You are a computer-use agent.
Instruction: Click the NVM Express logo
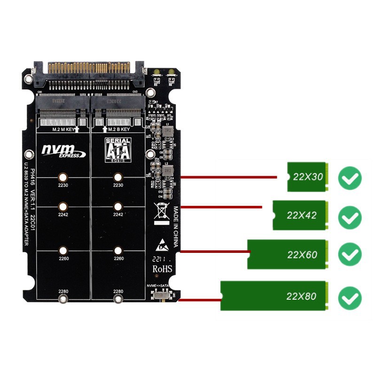pyautogui.click(x=63, y=150)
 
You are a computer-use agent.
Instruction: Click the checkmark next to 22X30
pyautogui.click(x=350, y=178)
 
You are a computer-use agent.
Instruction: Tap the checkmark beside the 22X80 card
pyautogui.click(x=350, y=298)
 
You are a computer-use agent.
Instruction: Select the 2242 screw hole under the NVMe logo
pyautogui.click(x=63, y=206)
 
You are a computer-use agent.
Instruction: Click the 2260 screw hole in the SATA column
pyautogui.click(x=118, y=251)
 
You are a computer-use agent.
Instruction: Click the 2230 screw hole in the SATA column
pyautogui.click(x=118, y=177)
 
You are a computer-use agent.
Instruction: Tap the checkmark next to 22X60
pyautogui.click(x=350, y=255)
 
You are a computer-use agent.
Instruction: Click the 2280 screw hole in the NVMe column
pyautogui.click(x=63, y=299)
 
